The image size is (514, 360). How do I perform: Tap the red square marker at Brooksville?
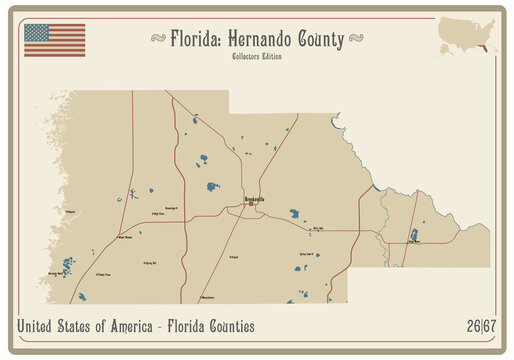point(250,204)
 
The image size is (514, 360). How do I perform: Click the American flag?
point(54,40)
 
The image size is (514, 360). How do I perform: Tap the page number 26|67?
point(479,326)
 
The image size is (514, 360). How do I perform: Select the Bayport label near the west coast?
point(71,212)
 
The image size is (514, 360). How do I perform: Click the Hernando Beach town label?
point(55,272)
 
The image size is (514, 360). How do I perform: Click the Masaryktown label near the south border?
point(207,297)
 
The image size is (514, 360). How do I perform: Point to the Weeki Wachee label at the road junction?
point(125,237)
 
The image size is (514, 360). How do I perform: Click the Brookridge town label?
point(171,207)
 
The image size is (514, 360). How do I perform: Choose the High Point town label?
point(157,214)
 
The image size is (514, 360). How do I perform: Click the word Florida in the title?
point(196,40)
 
